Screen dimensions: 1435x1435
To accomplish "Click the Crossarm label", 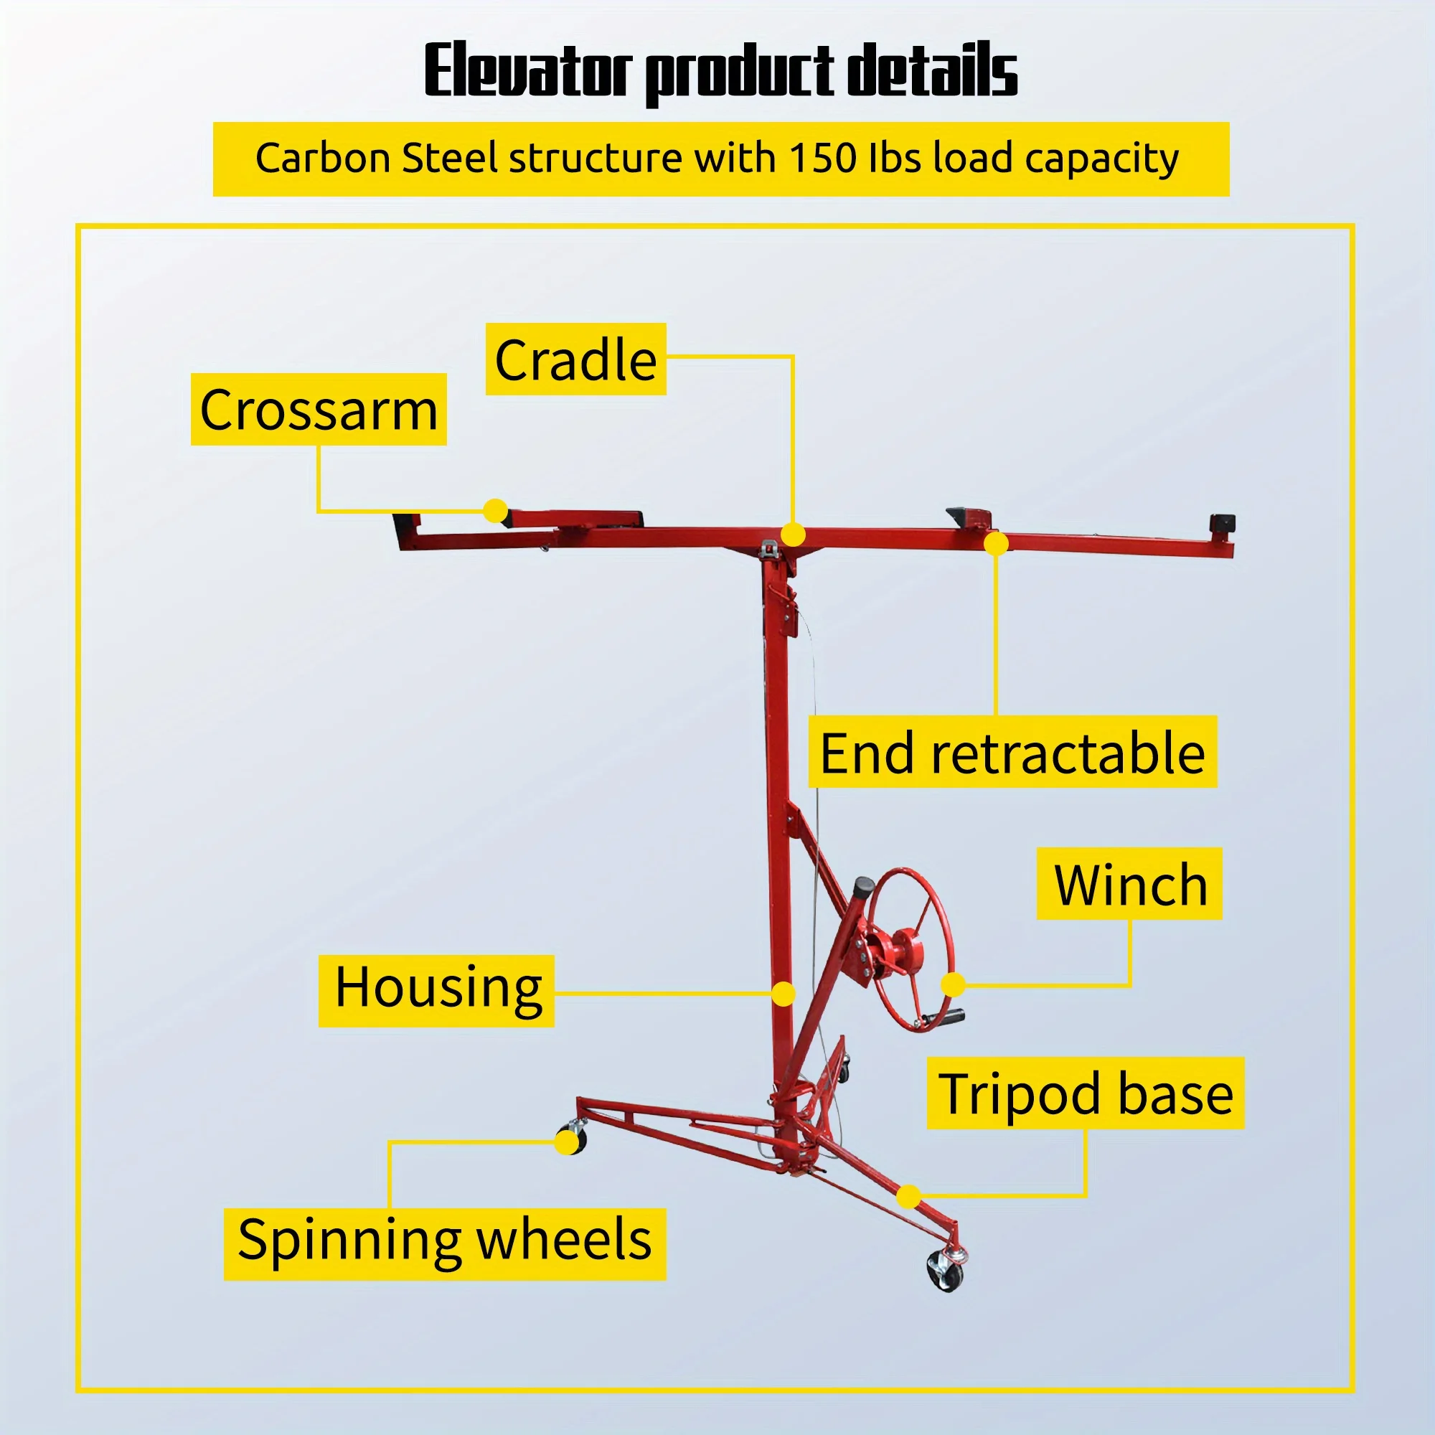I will tap(319, 410).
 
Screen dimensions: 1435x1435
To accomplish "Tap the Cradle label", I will tap(575, 359).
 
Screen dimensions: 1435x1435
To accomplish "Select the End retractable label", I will tap(1012, 753).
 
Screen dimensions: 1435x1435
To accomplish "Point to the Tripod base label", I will tap(1085, 1094).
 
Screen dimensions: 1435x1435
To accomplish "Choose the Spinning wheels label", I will tap(444, 1240).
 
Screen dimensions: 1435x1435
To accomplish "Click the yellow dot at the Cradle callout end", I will tap(794, 534).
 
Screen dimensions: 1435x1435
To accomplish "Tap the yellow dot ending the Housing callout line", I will tap(783, 994).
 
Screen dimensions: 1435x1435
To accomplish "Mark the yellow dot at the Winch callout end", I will tap(953, 985).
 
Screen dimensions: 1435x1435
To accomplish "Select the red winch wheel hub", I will tap(908, 949).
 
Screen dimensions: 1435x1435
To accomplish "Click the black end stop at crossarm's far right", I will tap(1222, 523).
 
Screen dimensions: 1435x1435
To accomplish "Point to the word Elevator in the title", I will tap(528, 70).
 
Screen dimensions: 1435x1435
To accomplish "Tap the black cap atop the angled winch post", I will tap(864, 886).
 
